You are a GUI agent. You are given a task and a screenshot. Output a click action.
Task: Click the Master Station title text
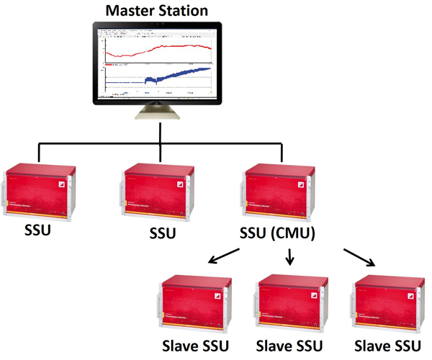(157, 10)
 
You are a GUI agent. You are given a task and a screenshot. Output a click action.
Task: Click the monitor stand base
(157, 116)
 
